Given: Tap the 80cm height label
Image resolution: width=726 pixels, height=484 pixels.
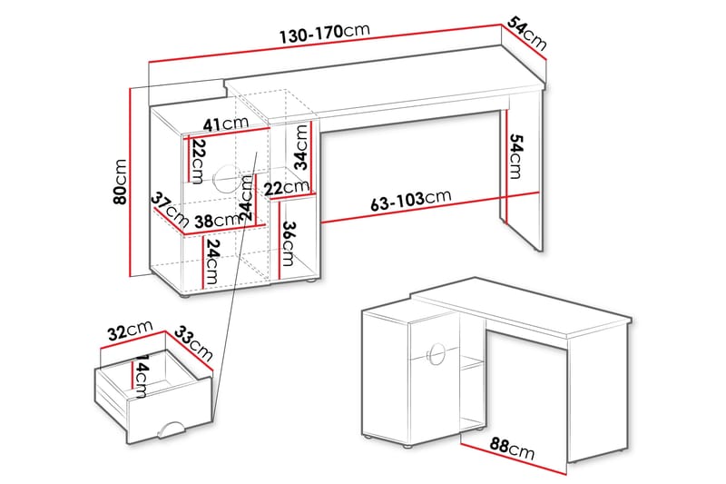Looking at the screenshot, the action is pos(120,182).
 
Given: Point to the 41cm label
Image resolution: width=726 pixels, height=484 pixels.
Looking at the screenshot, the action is pos(226,123).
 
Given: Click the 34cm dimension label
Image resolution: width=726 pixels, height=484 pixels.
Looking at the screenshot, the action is pos(301,147).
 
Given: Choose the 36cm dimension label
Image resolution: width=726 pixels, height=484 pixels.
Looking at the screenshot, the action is pos(288,243).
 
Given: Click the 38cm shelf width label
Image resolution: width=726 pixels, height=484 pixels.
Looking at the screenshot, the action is pos(217,221).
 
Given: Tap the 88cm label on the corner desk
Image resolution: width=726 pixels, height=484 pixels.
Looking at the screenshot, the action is pos(512,449).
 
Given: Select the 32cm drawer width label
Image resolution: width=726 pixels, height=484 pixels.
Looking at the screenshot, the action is pos(130,331).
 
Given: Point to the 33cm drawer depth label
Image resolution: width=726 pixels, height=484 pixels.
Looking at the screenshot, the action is pos(193,343).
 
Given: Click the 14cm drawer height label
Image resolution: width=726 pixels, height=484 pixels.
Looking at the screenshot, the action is pos(140,376).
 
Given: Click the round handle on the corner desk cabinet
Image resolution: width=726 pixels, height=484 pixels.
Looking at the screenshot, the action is pos(437,354).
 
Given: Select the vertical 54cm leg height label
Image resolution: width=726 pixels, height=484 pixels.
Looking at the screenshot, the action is pos(515,156).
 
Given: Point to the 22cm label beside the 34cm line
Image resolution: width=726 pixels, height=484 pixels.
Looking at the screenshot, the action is pos(287,188).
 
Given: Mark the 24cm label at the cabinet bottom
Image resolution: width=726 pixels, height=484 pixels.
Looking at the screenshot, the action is pos(211,262).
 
